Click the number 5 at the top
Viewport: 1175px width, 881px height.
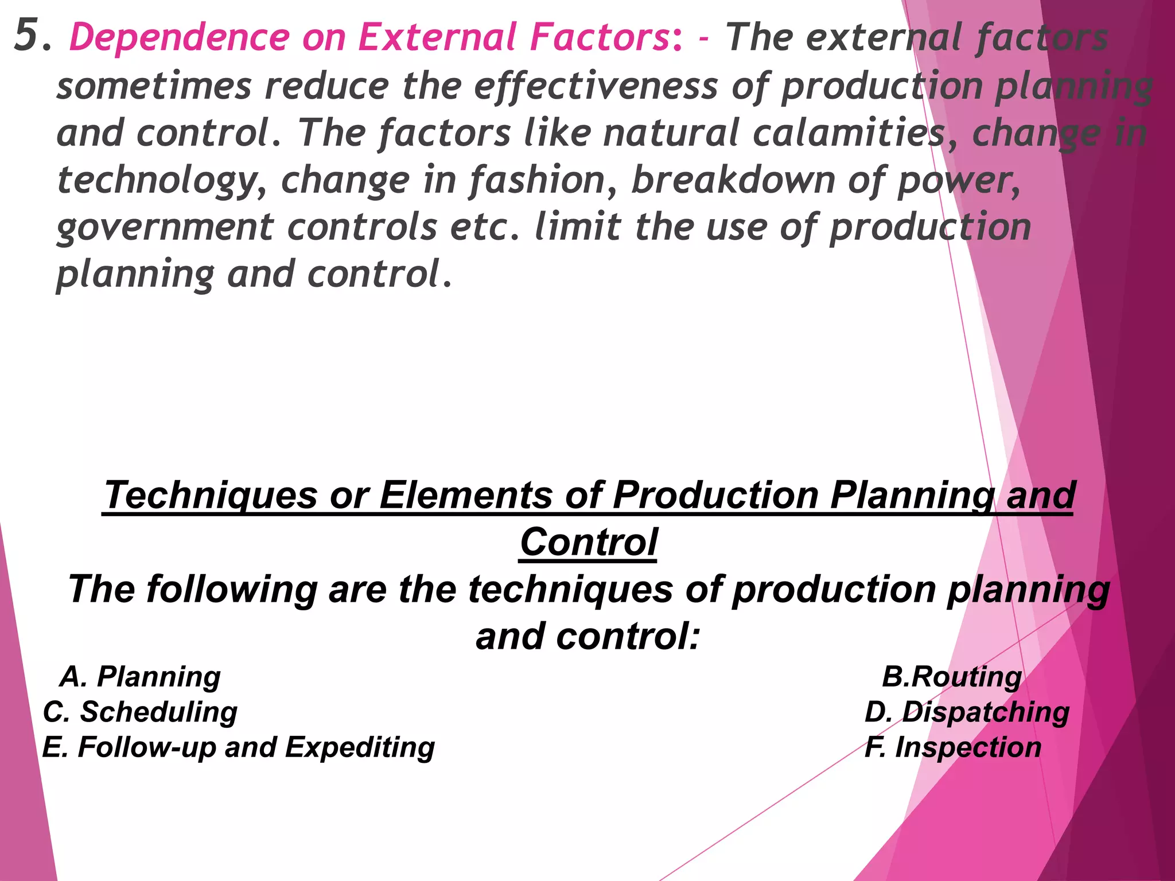[28, 36]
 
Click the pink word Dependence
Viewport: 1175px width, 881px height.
[179, 38]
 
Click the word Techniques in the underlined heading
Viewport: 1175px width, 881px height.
[210, 495]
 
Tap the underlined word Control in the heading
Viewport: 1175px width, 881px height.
[589, 543]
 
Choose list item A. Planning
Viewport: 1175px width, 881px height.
[141, 677]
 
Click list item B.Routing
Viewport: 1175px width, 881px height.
[952, 677]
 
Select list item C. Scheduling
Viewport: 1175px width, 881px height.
[141, 712]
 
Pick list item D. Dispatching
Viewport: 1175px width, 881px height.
[967, 712]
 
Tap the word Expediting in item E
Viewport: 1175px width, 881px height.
[360, 748]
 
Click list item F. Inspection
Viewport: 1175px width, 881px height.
[953, 748]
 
